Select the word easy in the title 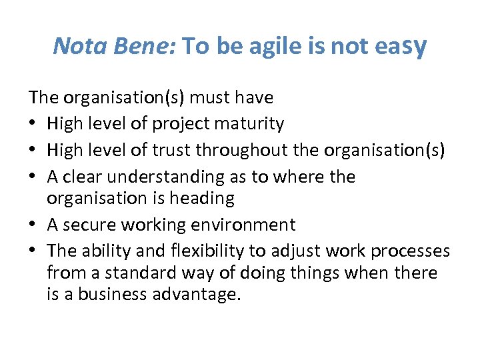(401, 47)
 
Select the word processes (410, 252)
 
